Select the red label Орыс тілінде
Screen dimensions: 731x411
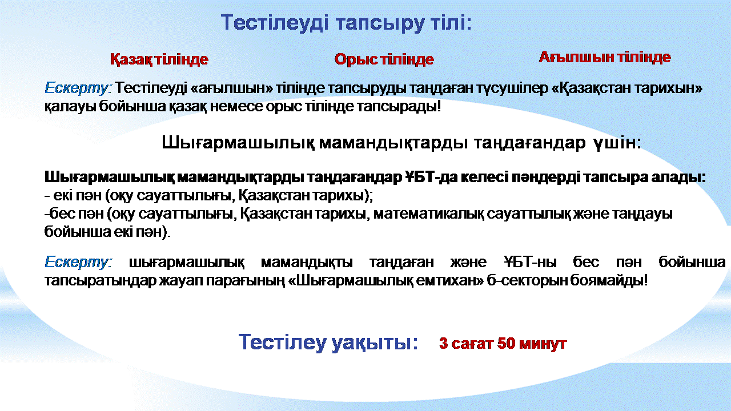pyautogui.click(x=384, y=59)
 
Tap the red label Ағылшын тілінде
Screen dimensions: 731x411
pyautogui.click(x=605, y=58)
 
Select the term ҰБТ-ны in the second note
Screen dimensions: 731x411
pyautogui.click(x=529, y=262)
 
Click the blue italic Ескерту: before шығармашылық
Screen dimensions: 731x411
pyautogui.click(x=78, y=262)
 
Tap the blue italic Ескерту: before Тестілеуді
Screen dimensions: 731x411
pyautogui.click(x=78, y=88)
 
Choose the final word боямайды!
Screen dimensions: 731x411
pyautogui.click(x=609, y=280)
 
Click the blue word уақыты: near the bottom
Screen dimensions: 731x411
pyautogui.click(x=375, y=342)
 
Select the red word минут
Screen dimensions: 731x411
pyautogui.click(x=543, y=344)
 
